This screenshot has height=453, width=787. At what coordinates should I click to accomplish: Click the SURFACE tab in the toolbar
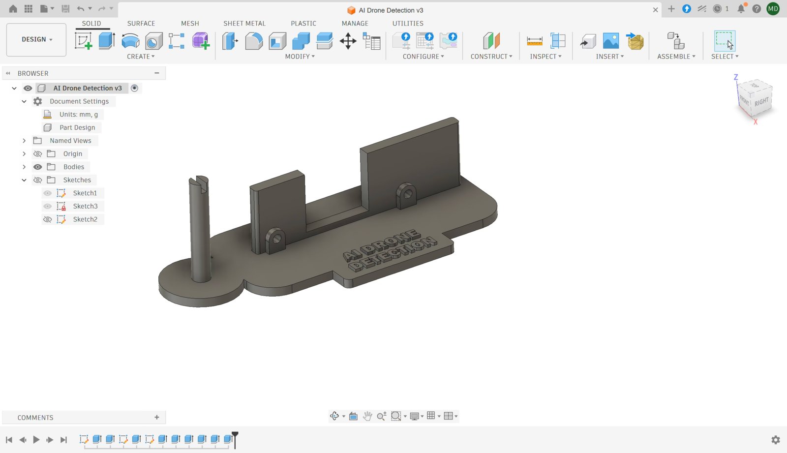(x=141, y=23)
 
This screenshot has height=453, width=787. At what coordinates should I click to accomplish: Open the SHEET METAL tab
(x=244, y=23)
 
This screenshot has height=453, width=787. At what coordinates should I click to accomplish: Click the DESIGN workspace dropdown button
(x=36, y=39)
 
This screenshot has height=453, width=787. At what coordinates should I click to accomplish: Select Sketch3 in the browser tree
(x=86, y=206)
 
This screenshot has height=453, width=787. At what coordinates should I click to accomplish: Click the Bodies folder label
(x=74, y=167)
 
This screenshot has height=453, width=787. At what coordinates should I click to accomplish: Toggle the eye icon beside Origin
(x=37, y=153)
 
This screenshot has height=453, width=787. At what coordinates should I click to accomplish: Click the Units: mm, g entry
(x=79, y=114)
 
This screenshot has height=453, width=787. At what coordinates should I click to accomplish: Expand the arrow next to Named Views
(x=24, y=141)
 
